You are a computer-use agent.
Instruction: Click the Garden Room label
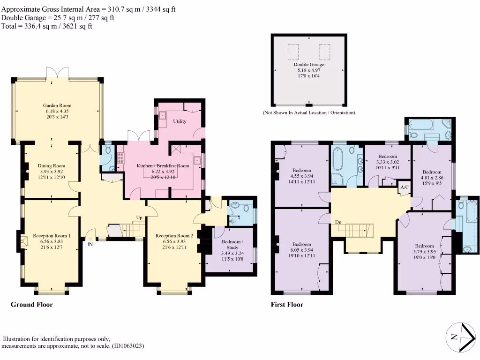point(57,105)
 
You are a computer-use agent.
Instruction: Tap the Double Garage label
point(309,65)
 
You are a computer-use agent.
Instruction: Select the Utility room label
point(180,121)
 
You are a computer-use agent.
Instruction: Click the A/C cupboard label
point(405,187)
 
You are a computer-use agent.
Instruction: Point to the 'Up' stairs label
point(139,217)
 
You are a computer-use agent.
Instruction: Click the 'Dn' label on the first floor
point(338,222)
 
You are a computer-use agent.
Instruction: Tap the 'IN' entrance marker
point(90,244)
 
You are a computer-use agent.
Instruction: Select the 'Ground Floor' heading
point(31,305)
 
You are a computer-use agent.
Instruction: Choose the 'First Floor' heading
point(287,305)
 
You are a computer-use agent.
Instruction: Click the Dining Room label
point(52,166)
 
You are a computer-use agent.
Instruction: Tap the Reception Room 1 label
point(52,236)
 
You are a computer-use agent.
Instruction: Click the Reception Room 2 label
point(174,236)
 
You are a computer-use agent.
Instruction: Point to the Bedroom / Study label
point(232,245)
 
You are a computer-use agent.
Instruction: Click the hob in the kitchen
point(120,157)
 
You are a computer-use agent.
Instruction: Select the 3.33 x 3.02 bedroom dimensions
point(388,162)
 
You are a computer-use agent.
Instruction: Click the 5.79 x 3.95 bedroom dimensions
point(424,252)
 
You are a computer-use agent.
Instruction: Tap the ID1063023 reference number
point(128,346)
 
